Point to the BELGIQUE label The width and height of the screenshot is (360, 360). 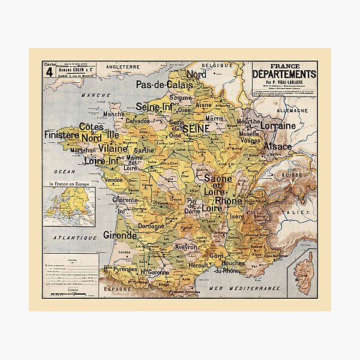tap(217, 64)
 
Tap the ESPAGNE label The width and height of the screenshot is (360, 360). tap(118, 289)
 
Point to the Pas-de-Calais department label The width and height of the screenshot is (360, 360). tap(164, 85)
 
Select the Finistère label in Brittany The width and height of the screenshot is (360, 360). tap(62, 135)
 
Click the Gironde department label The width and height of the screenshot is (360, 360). tap(120, 235)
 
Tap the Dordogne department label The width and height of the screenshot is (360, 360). tap(151, 227)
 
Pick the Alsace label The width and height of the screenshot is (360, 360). tap(276, 146)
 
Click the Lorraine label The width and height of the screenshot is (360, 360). tap(278, 126)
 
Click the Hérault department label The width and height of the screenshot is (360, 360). tap(198, 265)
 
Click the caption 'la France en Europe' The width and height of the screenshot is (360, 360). tap(65, 182)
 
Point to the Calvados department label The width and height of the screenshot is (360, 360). tap(137, 121)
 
